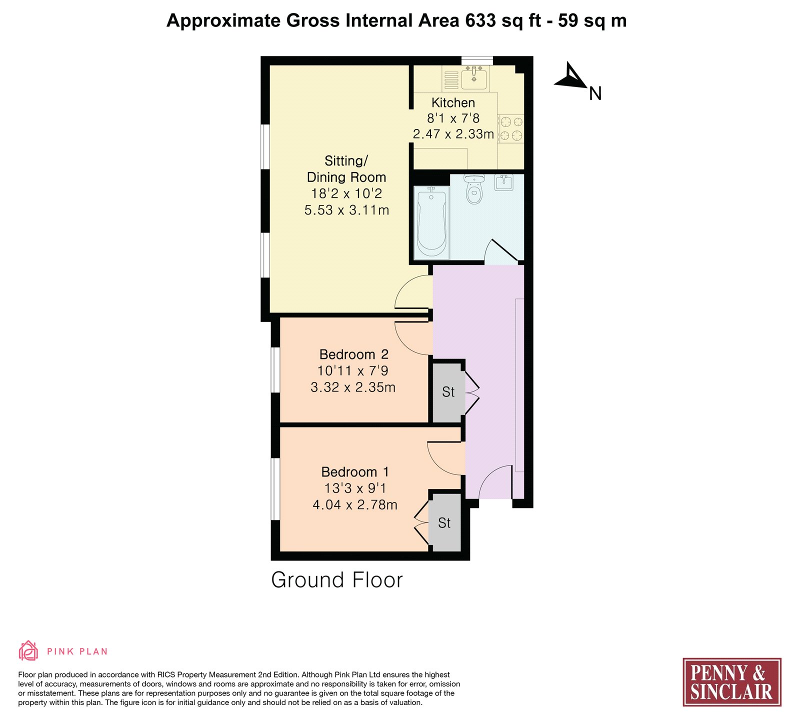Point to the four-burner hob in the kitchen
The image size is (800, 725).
click(511, 128)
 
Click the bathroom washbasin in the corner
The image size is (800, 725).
click(503, 182)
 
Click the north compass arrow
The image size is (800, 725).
click(571, 76)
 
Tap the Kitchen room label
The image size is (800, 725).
click(453, 102)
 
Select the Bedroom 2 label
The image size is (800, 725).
click(353, 354)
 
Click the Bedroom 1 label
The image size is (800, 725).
click(354, 472)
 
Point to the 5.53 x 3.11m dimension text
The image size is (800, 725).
click(346, 210)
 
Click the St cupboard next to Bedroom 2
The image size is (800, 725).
click(448, 392)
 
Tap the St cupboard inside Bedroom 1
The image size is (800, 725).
click(444, 523)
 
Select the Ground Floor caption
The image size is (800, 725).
click(336, 580)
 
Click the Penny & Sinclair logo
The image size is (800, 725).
click(732, 682)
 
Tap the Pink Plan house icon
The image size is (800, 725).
click(28, 650)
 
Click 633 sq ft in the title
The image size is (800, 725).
click(503, 20)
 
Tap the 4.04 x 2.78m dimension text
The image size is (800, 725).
click(355, 505)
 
